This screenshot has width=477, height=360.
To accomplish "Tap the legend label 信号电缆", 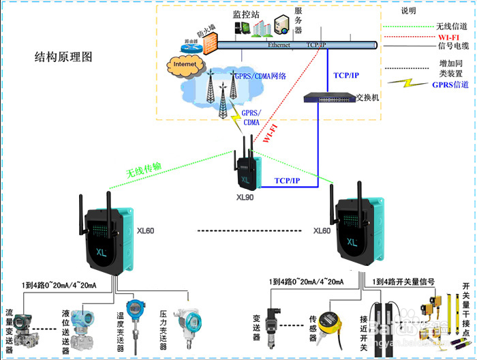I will tap(452, 47).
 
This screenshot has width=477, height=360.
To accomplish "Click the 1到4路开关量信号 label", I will tap(404, 281).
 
